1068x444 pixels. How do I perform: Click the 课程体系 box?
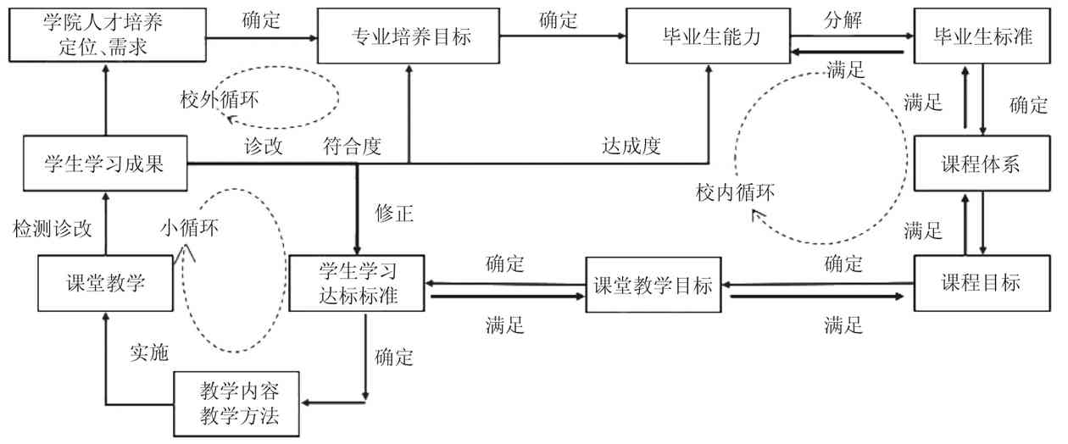point(982,164)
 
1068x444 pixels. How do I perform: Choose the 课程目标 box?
point(982,283)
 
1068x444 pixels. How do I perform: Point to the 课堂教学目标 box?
point(651,285)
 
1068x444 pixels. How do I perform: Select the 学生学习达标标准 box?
point(357,283)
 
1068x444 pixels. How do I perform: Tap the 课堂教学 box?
point(105,283)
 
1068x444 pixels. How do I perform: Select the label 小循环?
point(189,228)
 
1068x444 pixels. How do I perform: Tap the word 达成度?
point(631,146)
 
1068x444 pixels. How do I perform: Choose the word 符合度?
point(352,146)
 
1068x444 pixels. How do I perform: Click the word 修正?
point(394,213)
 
